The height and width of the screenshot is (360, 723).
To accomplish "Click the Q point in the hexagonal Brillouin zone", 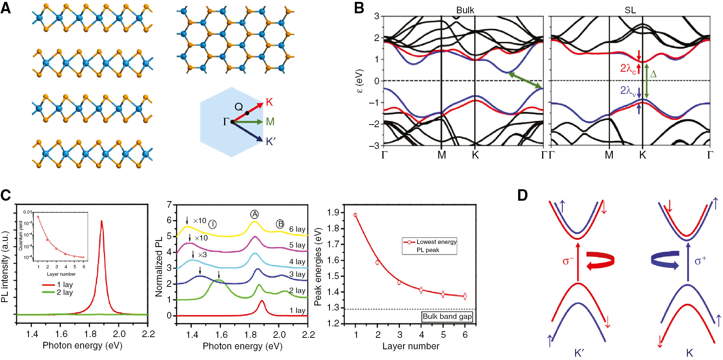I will (247, 113).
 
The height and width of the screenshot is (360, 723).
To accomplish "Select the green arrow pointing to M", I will (248, 122).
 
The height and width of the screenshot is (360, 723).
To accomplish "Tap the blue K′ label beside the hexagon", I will (271, 142).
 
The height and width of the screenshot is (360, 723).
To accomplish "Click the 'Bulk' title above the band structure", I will (465, 10).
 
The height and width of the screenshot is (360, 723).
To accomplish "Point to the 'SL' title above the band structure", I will (630, 10).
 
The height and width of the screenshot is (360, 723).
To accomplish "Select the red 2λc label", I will (628, 68).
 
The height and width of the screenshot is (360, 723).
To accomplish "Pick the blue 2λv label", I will (628, 91).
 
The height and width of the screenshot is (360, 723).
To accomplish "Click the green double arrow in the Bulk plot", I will (525, 81).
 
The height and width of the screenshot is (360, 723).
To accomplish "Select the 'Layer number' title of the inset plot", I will (61, 274).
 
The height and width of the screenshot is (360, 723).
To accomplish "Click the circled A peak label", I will (254, 214).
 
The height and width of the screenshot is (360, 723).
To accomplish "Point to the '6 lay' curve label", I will (297, 229).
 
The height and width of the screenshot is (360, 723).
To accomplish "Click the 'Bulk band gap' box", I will (447, 316).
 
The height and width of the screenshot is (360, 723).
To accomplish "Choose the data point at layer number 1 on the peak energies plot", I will (355, 215).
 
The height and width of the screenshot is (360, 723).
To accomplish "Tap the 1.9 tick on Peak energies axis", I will (333, 213).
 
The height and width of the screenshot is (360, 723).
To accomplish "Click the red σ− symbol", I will (568, 261).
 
